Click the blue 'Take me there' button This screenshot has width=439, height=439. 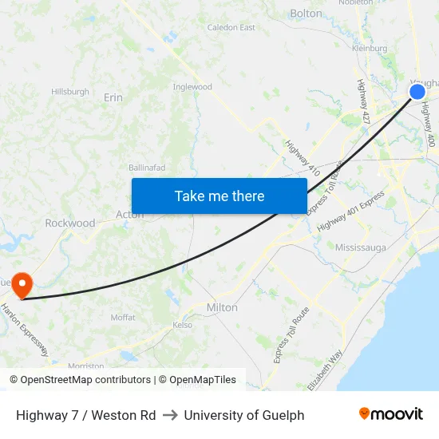(x=219, y=196)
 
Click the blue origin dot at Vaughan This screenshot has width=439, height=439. (x=417, y=92)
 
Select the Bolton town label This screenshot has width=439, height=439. (x=307, y=14)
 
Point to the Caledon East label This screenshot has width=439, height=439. (x=231, y=27)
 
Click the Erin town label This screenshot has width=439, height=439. (x=113, y=97)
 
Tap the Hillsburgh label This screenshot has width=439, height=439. (x=70, y=92)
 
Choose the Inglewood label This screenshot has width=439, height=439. (x=192, y=86)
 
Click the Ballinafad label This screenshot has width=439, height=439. (x=148, y=168)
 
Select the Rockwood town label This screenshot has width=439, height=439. (x=70, y=223)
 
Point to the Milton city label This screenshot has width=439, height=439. (x=222, y=307)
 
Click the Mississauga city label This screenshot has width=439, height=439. (x=360, y=247)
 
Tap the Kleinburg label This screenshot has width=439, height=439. (x=370, y=49)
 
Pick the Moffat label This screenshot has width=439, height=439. (x=123, y=317)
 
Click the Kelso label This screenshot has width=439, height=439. (x=184, y=325)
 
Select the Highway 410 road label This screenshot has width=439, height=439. (x=303, y=158)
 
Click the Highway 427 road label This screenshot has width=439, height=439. (x=364, y=101)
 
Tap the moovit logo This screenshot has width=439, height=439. (x=391, y=414)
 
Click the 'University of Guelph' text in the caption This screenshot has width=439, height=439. (x=244, y=415)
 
